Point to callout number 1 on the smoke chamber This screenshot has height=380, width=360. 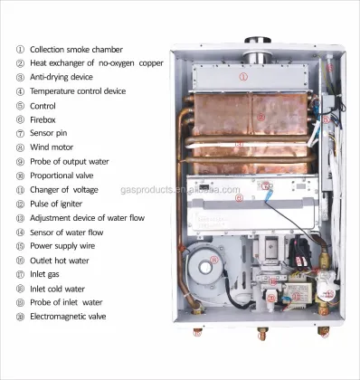(x=243, y=78)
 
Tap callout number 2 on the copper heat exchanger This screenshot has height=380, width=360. (x=261, y=117)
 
